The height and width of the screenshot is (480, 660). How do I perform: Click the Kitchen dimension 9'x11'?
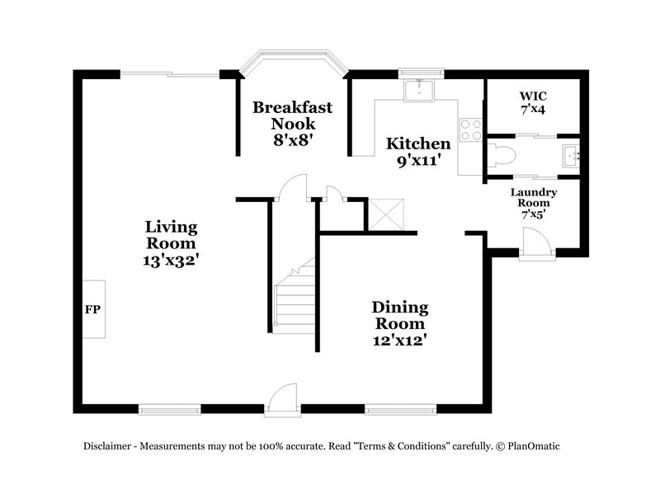(418, 162)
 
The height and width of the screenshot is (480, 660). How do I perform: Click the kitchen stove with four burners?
(470, 129)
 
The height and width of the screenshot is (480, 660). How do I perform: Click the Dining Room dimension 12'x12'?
(399, 339)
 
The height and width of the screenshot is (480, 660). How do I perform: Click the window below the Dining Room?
(400, 408)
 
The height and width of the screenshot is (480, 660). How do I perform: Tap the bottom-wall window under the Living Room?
(169, 408)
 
